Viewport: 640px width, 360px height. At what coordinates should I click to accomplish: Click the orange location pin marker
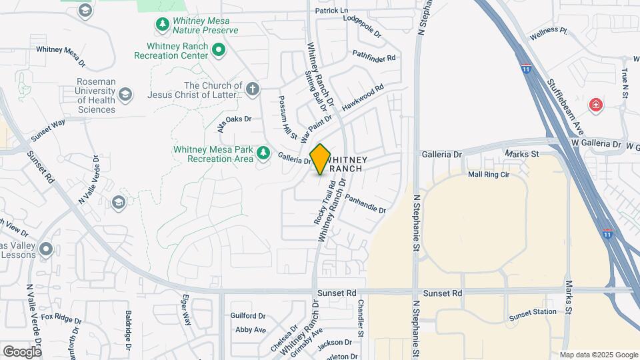[x=321, y=159]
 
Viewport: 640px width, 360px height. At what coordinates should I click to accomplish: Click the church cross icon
[x=252, y=89]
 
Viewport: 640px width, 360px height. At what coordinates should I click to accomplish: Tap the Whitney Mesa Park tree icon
[x=263, y=153]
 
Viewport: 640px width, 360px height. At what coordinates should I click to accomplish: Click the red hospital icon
[x=595, y=105]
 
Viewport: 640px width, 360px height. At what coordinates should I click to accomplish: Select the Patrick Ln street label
[x=332, y=11]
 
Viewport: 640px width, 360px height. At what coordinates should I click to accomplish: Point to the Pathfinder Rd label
[x=374, y=56]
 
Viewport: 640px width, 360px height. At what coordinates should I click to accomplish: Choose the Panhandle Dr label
[x=365, y=205]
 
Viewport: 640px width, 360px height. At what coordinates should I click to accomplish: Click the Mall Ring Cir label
[x=489, y=175]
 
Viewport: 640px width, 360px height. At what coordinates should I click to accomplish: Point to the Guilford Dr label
[x=248, y=316]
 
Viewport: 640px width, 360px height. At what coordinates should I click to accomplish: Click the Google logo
[x=22, y=351]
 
